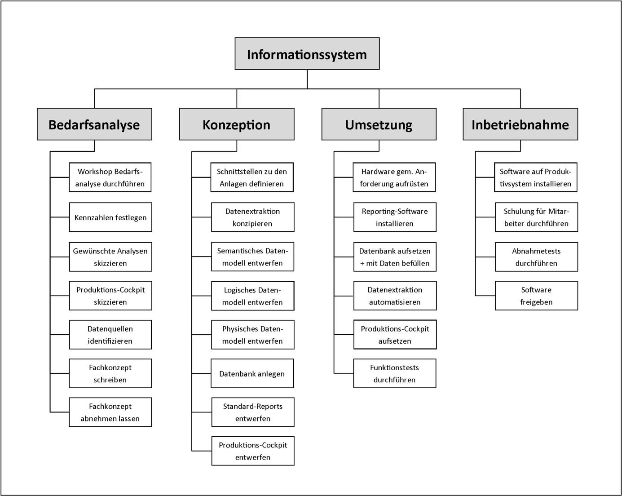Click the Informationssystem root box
[x=307, y=54]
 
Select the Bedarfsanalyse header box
[x=94, y=124]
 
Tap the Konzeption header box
[x=237, y=124]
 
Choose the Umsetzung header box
[x=379, y=124]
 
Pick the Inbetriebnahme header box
[x=520, y=124]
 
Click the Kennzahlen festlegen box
[x=110, y=217]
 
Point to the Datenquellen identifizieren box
[x=110, y=335]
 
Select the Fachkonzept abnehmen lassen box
[x=110, y=412]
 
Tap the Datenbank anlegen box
[x=252, y=374]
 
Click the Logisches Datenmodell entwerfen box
[x=252, y=296]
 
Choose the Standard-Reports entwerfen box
[x=252, y=412]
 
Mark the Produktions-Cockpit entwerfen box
[x=252, y=451]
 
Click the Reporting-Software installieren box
[x=395, y=217]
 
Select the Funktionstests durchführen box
[x=395, y=373]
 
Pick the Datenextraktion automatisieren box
[x=395, y=296]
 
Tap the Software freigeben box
[x=536, y=296]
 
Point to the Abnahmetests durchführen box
[x=536, y=257]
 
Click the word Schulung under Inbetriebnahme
[x=519, y=211]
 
